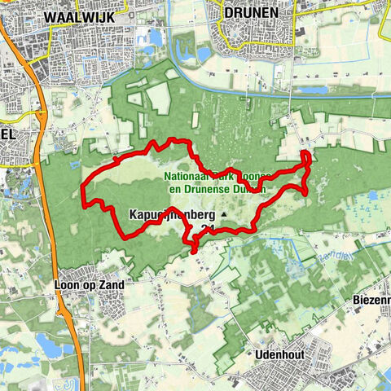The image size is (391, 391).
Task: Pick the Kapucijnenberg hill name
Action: coord(170,215)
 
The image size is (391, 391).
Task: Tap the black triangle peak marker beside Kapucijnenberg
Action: coord(222,215)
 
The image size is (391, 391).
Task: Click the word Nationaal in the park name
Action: coord(187,175)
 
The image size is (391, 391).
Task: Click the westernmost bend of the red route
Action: coord(85,193)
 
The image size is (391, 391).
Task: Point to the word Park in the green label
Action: coord(223,175)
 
